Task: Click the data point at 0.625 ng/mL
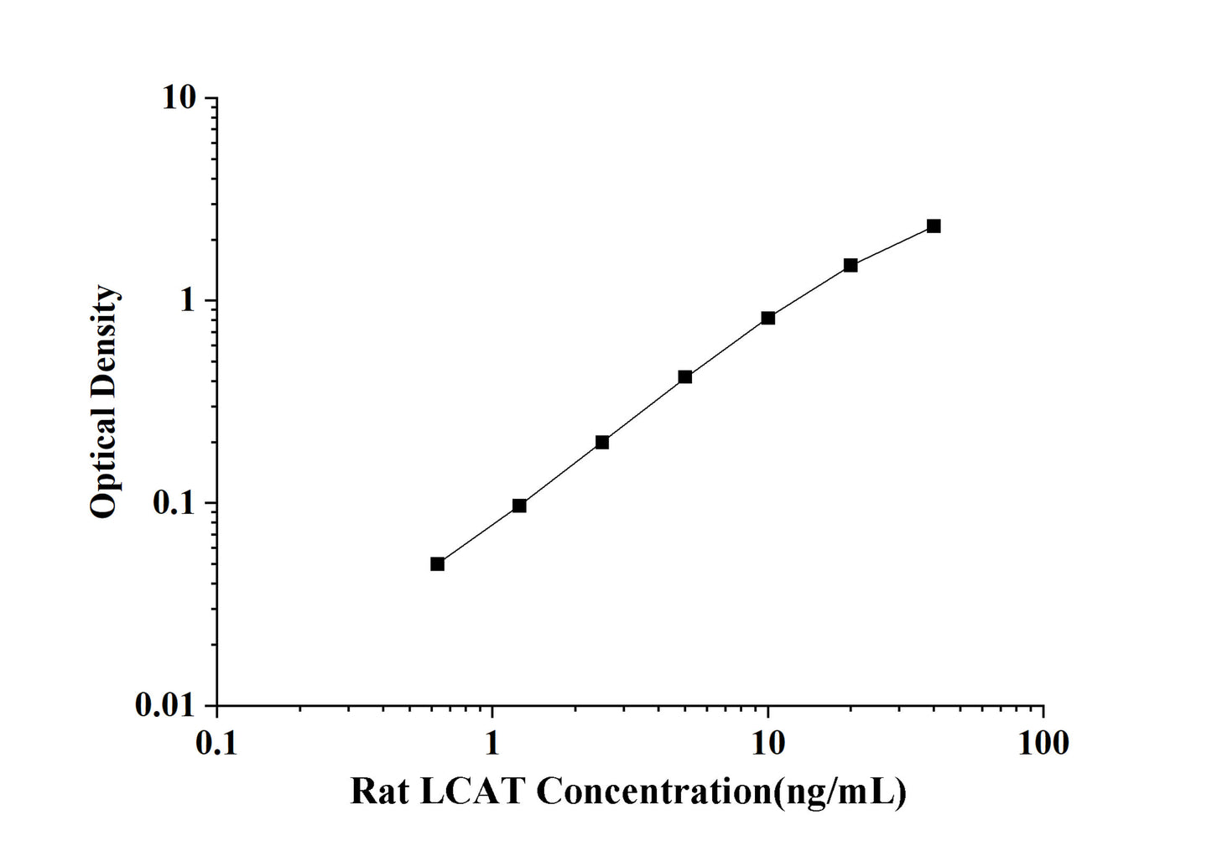[x=437, y=563]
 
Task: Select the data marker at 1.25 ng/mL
[x=519, y=506]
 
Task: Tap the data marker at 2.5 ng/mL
[x=602, y=442]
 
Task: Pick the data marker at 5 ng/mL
[x=685, y=377]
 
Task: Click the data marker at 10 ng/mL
[x=767, y=318]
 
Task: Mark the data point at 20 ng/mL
[x=850, y=265]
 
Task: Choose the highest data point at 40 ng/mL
[x=934, y=226]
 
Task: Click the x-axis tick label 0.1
[x=216, y=743]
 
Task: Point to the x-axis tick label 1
[x=492, y=743]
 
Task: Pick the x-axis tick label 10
[x=767, y=743]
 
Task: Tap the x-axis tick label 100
[x=1043, y=743]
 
